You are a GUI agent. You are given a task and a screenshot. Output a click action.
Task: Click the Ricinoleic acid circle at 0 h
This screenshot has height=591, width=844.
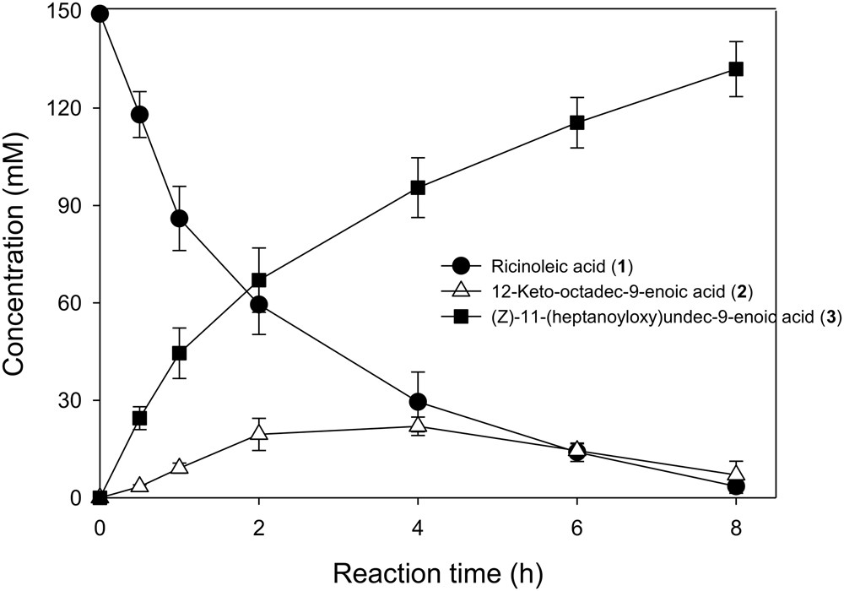[100, 14]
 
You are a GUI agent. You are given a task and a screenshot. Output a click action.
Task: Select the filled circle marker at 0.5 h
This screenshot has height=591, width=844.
[139, 115]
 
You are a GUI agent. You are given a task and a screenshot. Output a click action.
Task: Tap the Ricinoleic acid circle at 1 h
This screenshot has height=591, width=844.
[179, 219]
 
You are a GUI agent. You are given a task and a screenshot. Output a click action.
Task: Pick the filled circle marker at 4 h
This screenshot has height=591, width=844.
[417, 402]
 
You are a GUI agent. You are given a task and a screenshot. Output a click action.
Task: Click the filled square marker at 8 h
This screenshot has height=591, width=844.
[735, 69]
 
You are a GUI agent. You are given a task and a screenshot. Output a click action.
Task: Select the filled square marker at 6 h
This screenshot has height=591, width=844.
[576, 122]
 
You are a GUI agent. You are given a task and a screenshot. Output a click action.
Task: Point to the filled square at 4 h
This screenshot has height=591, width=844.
[417, 187]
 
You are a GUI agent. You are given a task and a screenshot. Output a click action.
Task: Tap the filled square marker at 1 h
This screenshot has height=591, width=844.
[179, 353]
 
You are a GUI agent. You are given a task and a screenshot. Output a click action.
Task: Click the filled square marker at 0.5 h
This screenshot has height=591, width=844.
[139, 418]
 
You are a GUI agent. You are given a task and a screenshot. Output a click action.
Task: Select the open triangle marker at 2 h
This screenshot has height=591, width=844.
[258, 433]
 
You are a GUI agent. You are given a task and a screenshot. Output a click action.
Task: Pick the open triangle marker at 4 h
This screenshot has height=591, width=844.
[417, 426]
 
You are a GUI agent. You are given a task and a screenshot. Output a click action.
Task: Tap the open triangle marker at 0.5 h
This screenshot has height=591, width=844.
[139, 485]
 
